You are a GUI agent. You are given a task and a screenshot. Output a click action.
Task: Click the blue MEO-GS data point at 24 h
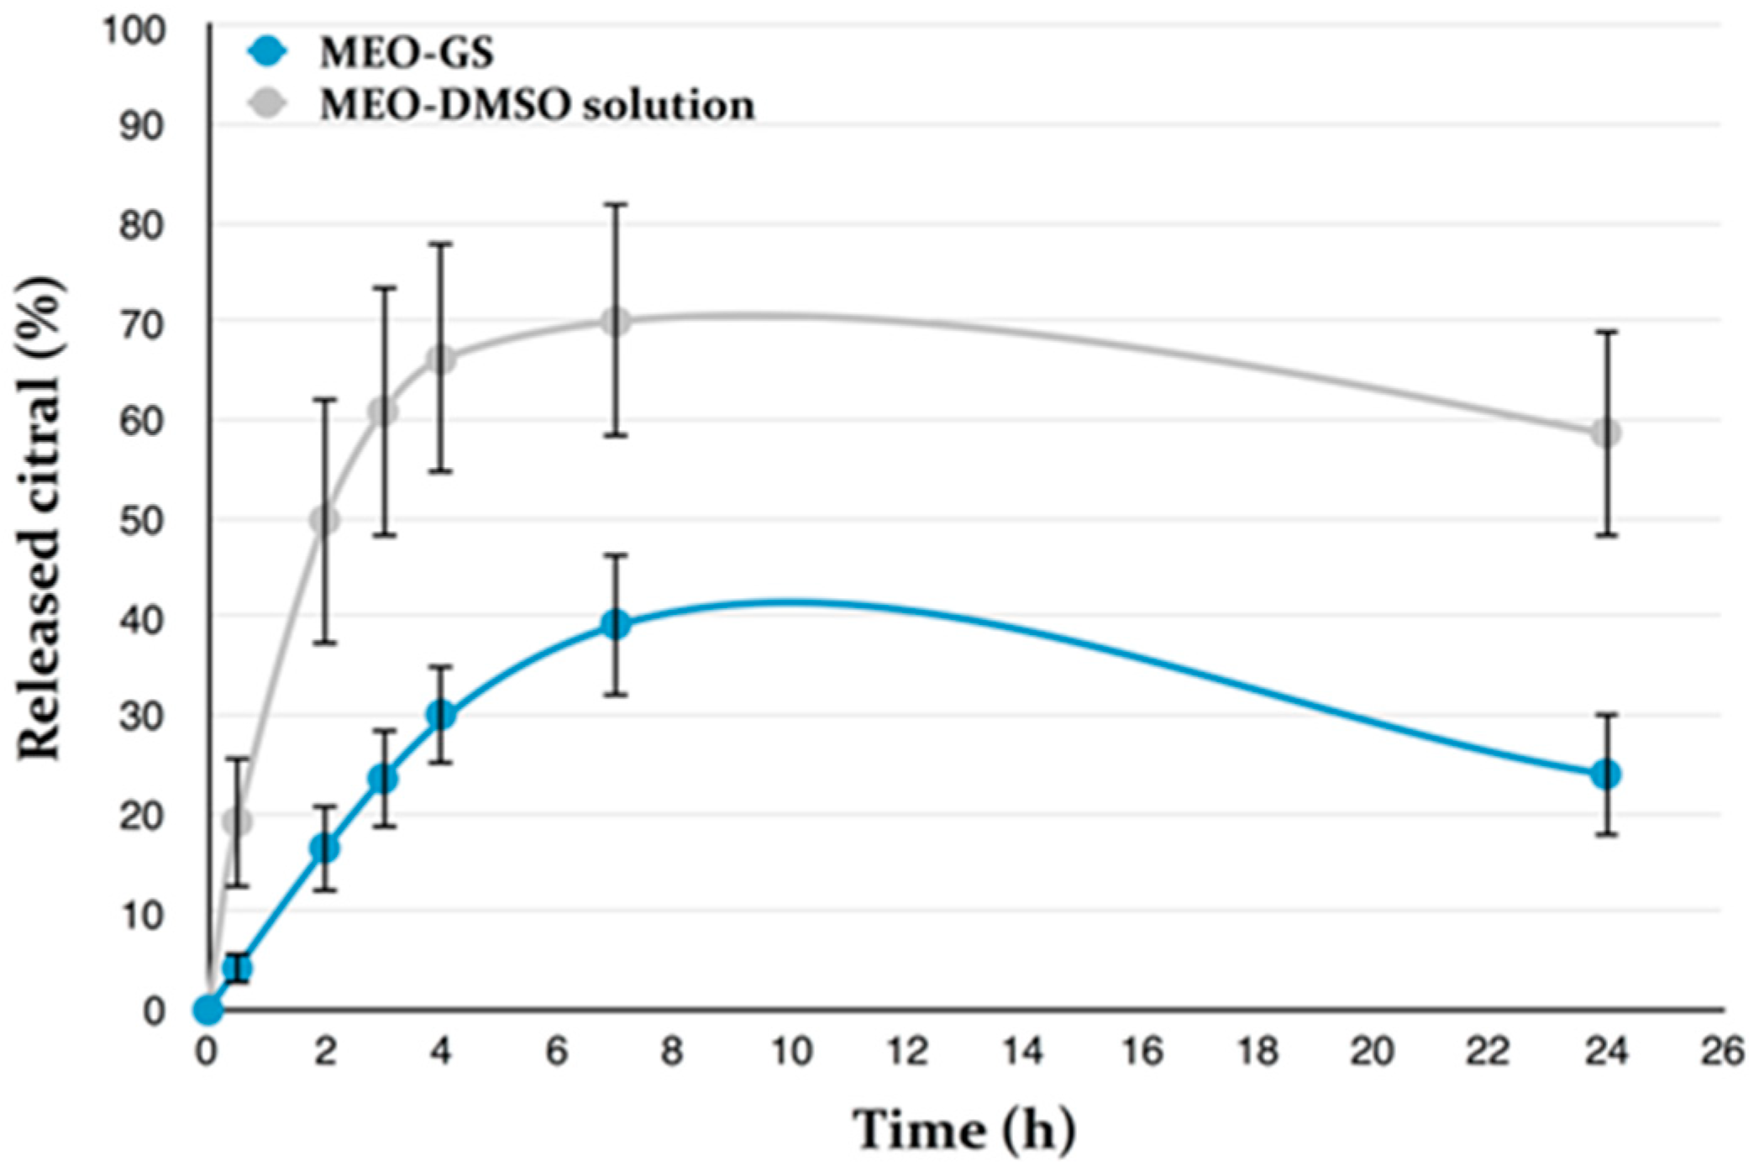(x=1605, y=774)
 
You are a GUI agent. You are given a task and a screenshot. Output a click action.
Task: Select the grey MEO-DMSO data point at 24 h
(x=1605, y=433)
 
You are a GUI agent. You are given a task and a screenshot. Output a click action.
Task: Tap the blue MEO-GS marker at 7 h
(x=616, y=624)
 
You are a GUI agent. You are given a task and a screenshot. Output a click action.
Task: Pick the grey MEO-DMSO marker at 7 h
(x=616, y=321)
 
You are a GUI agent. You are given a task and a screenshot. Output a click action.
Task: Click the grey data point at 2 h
(x=325, y=521)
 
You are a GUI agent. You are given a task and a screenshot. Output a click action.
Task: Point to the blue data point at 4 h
(x=441, y=715)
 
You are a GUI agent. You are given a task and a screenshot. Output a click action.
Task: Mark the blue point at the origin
(x=207, y=1010)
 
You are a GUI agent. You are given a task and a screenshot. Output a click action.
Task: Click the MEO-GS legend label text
(x=407, y=53)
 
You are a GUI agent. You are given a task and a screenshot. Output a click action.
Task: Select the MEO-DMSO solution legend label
(x=537, y=106)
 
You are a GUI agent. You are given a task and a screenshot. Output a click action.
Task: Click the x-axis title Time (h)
(x=964, y=1130)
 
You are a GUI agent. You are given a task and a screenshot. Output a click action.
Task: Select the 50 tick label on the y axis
(x=141, y=521)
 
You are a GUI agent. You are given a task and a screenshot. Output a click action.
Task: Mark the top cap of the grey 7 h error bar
(x=616, y=204)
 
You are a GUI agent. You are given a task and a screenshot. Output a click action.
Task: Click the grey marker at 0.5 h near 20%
(x=238, y=821)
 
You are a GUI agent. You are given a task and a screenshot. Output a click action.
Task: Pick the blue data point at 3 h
(x=383, y=779)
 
